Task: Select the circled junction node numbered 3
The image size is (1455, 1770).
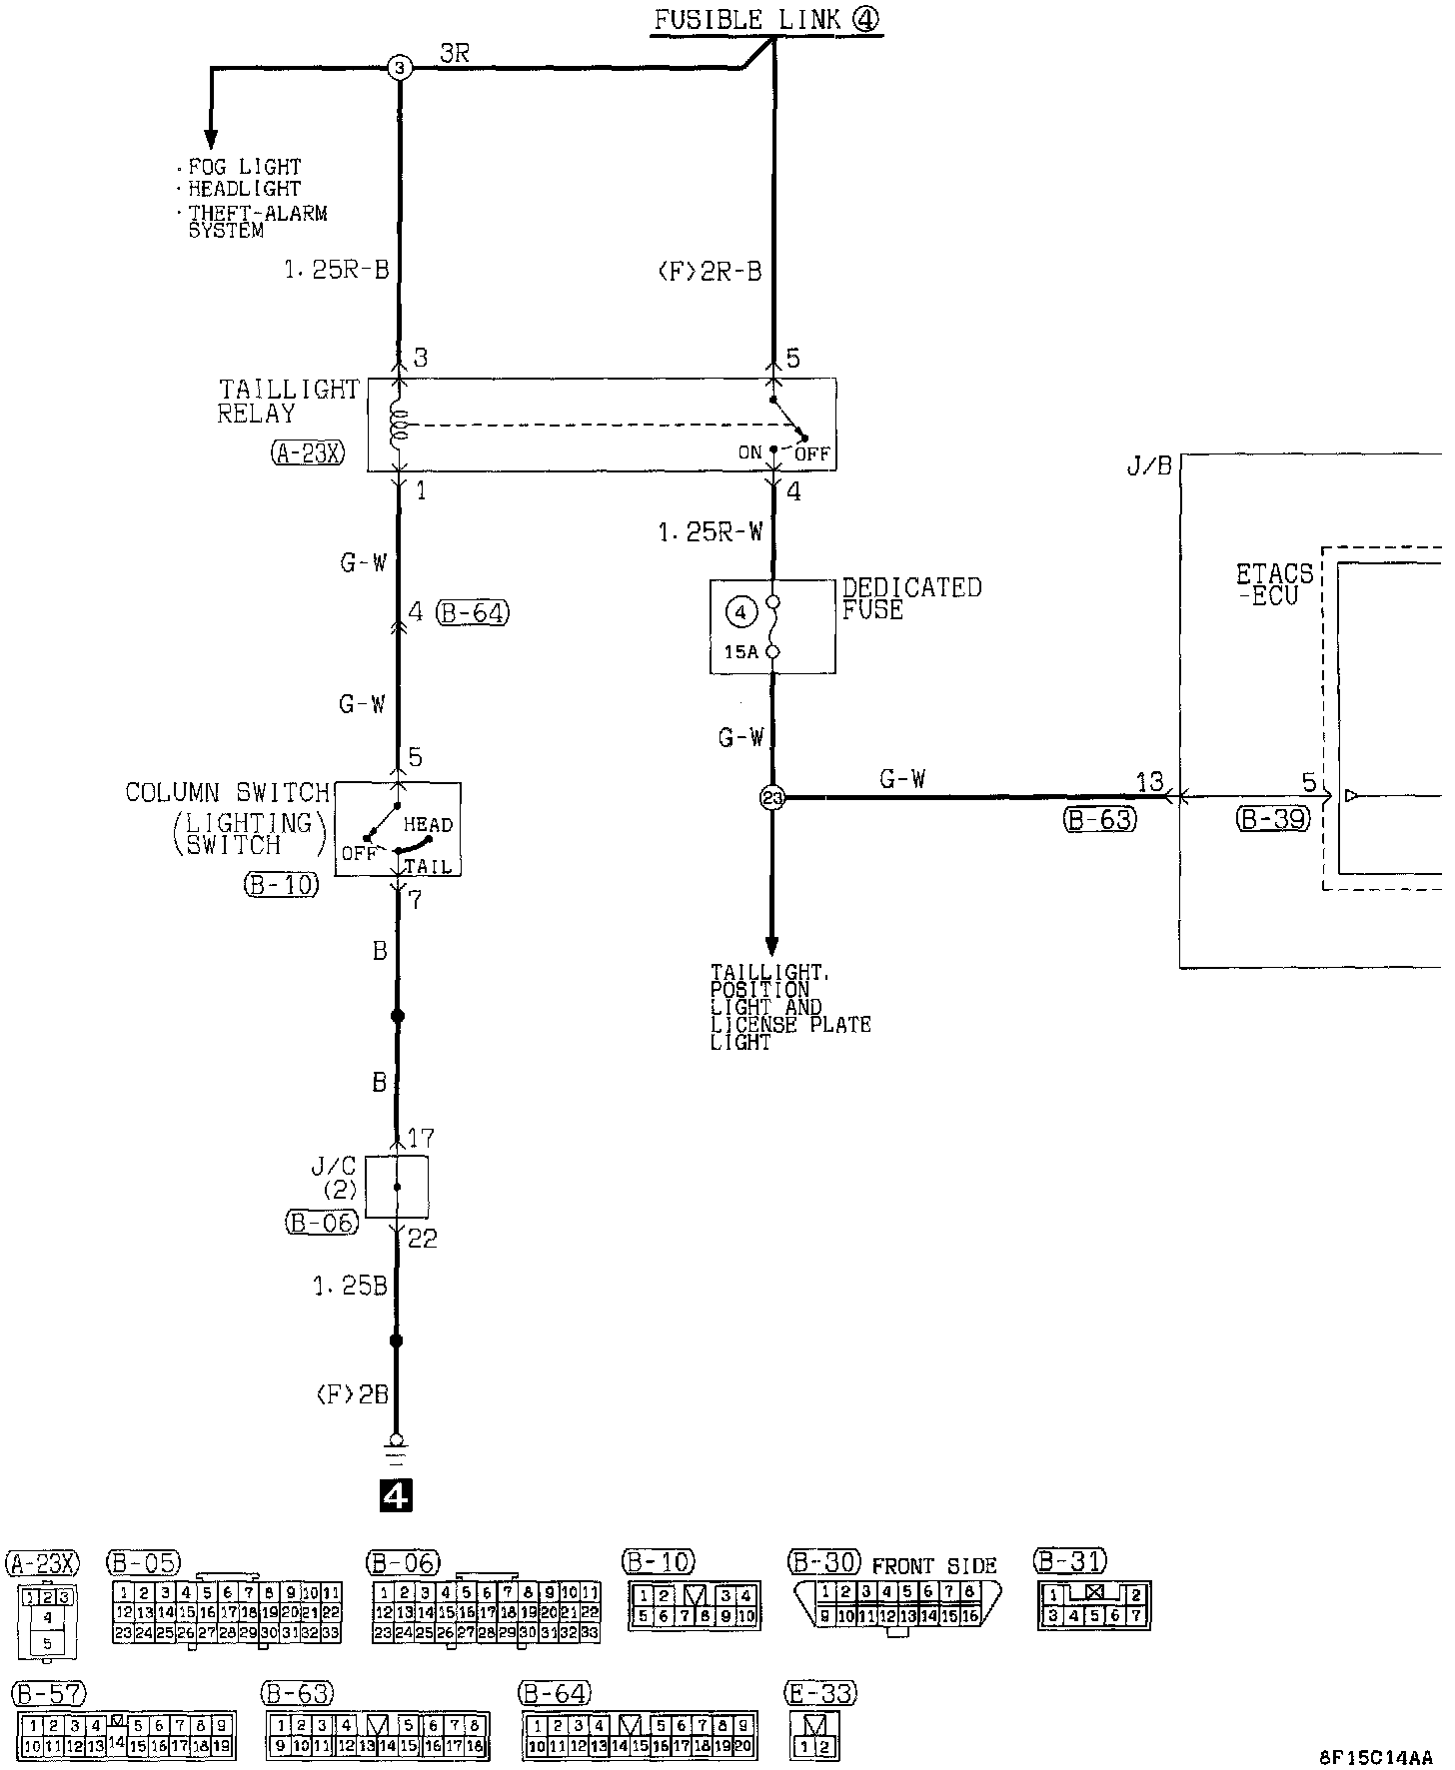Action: pyautogui.click(x=399, y=68)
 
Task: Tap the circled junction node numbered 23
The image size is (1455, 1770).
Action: pyautogui.click(x=772, y=797)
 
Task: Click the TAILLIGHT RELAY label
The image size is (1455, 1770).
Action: pyautogui.click(x=288, y=402)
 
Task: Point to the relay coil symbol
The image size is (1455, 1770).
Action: pyautogui.click(x=400, y=426)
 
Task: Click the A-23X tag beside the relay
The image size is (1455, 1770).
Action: pyautogui.click(x=307, y=454)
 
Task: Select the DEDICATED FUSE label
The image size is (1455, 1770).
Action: pyautogui.click(x=911, y=598)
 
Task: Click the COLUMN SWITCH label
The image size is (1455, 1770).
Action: pyautogui.click(x=227, y=793)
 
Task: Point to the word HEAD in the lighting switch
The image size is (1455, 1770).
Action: pyautogui.click(x=428, y=825)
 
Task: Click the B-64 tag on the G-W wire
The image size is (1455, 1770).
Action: pyautogui.click(x=473, y=612)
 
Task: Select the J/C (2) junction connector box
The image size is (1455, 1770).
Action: pyautogui.click(x=397, y=1187)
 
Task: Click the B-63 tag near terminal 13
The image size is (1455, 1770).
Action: pyautogui.click(x=1099, y=820)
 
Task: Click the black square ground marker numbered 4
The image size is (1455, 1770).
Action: pyautogui.click(x=397, y=1495)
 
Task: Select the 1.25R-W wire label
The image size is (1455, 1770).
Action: pyautogui.click(x=710, y=533)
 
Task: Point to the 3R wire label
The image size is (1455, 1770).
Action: pyautogui.click(x=455, y=54)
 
